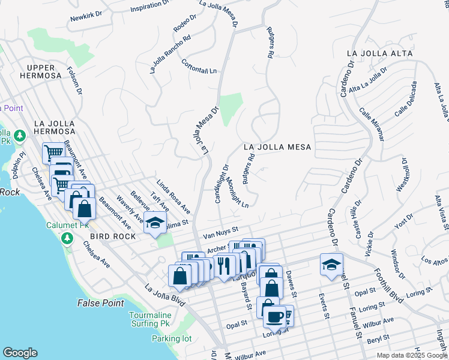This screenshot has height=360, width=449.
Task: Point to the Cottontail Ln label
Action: click(x=199, y=67)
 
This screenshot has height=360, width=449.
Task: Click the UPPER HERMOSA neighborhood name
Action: click(x=40, y=71)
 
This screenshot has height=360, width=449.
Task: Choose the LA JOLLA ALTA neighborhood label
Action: click(x=379, y=54)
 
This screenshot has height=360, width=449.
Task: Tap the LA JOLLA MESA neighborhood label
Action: click(x=277, y=147)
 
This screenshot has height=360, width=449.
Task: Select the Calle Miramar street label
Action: click(x=372, y=122)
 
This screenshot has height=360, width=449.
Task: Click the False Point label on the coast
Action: click(x=100, y=303)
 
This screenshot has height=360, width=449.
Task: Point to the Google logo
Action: click(x=20, y=353)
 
